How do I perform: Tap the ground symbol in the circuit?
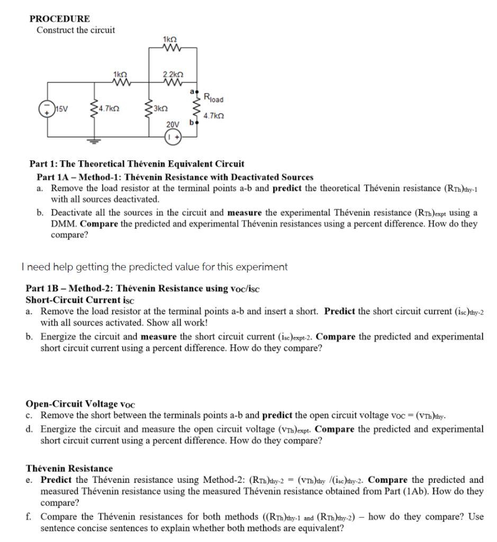click(x=94, y=141)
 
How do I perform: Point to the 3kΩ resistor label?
click(x=160, y=110)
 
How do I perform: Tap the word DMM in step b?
click(x=63, y=224)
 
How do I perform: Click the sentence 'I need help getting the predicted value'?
click(x=156, y=267)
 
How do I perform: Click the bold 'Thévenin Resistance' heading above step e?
click(x=69, y=468)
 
